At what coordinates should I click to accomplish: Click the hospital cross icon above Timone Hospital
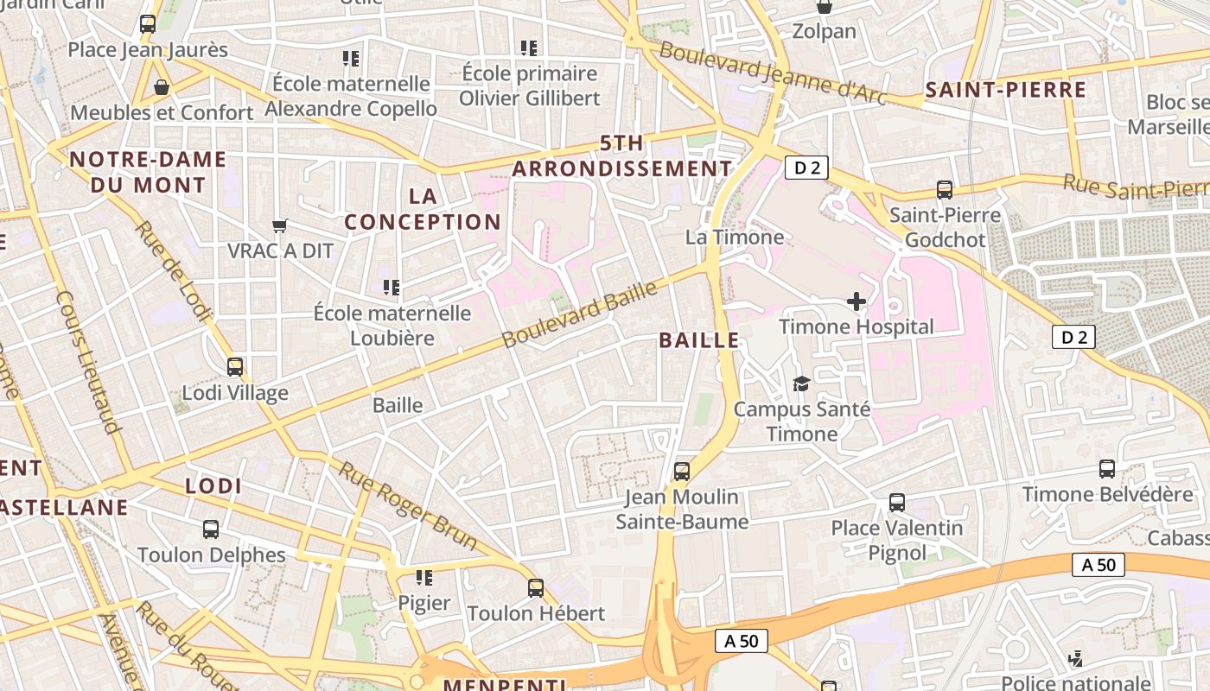coord(857,301)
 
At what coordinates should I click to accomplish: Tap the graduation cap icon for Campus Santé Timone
coord(801,384)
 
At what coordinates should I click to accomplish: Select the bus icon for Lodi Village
coord(234,367)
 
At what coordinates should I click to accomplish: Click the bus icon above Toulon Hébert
coord(536,588)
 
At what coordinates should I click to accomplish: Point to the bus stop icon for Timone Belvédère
coord(1107,469)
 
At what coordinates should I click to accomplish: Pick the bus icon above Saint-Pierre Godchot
coord(945,190)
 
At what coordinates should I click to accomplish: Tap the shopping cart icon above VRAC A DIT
coord(279,225)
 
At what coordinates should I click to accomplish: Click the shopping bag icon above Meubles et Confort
coord(161,87)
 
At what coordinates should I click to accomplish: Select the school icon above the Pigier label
coord(423,577)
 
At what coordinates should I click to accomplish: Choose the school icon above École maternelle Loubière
coord(392,287)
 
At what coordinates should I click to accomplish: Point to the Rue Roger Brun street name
coord(407,506)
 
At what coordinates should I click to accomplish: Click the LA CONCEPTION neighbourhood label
coord(423,209)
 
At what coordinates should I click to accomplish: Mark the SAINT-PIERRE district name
coord(1005,90)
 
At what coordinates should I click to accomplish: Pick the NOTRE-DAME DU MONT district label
coord(148,172)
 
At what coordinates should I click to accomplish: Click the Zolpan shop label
coord(825,32)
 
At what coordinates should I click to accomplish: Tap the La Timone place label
coord(735,237)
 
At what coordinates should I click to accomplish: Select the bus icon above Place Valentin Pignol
coord(897,503)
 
